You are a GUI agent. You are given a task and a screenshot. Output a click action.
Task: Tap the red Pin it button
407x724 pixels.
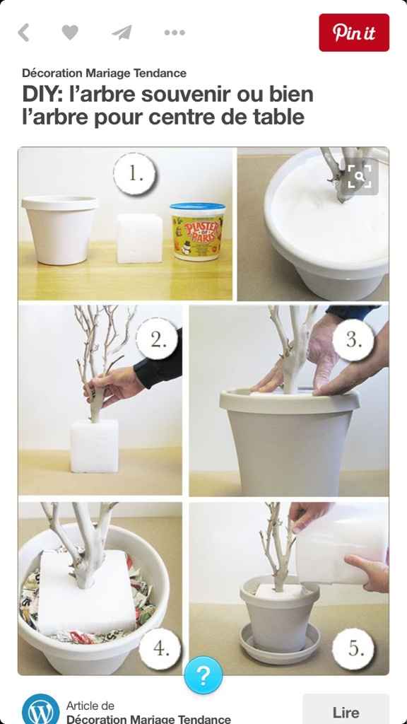pyautogui.click(x=354, y=33)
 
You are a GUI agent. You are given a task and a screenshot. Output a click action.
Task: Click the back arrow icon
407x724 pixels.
pyautogui.click(x=23, y=33)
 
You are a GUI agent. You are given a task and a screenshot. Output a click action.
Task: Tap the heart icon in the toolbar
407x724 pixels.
pyautogui.click(x=70, y=33)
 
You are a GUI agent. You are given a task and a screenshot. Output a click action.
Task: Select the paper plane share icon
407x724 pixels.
pyautogui.click(x=122, y=33)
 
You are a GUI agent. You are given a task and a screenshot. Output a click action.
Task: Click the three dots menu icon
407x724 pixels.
pyautogui.click(x=175, y=33)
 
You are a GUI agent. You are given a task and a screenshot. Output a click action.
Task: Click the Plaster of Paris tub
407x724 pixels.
pyautogui.click(x=197, y=231)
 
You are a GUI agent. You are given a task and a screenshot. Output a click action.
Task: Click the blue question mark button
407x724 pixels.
pyautogui.click(x=203, y=676)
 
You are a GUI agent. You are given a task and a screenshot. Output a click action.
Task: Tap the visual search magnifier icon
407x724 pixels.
pyautogui.click(x=360, y=176)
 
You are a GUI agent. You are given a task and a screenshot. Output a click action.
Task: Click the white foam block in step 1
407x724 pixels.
pyautogui.click(x=139, y=238)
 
